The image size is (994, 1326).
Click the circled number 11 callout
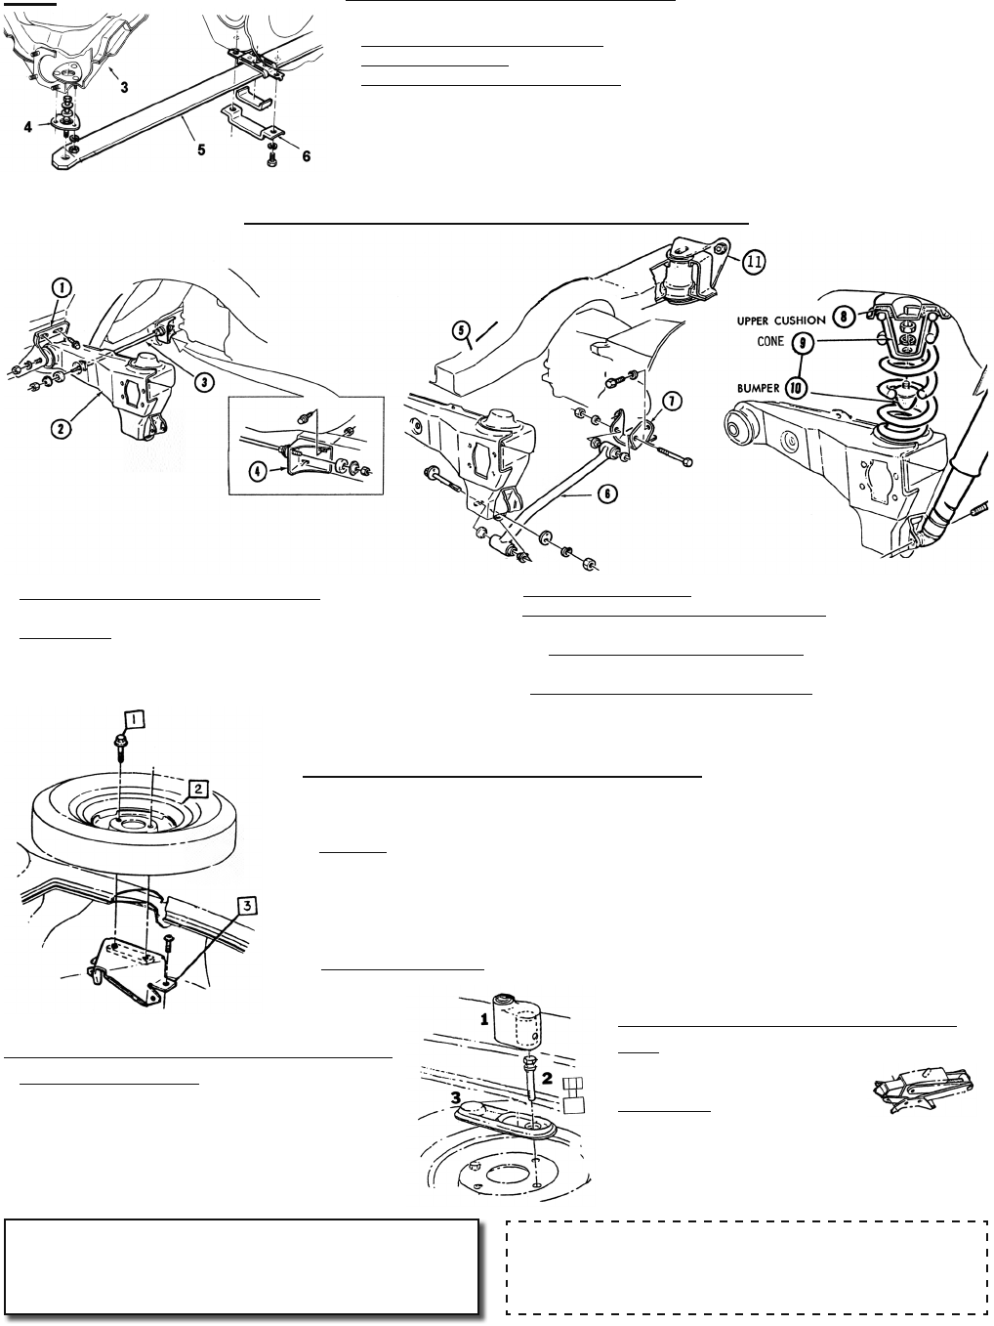(754, 262)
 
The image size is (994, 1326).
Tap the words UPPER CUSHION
(780, 321)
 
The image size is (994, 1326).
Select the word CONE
(770, 342)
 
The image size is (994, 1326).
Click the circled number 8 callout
(844, 316)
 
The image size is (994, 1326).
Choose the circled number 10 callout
(798, 388)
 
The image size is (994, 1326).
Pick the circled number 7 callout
(672, 401)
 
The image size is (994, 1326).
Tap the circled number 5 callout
(461, 330)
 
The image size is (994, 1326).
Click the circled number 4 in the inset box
(258, 471)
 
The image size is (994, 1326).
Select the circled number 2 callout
(61, 429)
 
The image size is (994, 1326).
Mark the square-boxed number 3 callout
(247, 906)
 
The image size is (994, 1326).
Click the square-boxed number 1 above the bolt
(134, 719)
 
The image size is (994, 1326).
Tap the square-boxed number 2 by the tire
(198, 789)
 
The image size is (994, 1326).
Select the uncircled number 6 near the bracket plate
(306, 156)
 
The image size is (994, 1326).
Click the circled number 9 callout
(802, 343)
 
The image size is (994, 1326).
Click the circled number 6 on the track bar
(607, 493)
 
